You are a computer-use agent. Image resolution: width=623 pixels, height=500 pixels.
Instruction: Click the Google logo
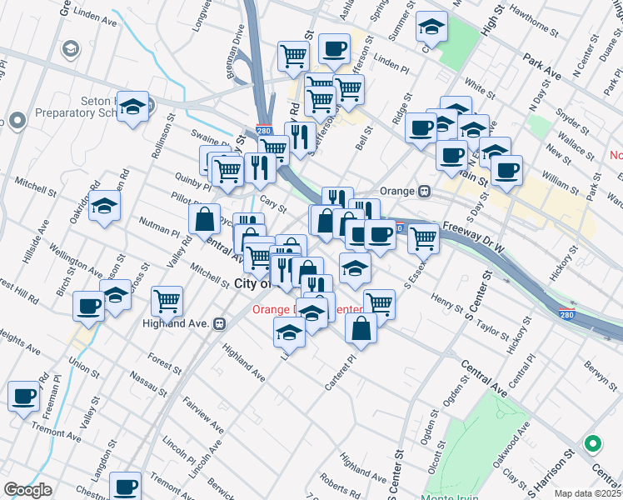click(28, 490)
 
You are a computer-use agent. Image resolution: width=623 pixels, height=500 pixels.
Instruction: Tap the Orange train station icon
click(424, 190)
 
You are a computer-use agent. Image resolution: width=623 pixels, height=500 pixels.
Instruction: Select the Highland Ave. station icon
click(219, 322)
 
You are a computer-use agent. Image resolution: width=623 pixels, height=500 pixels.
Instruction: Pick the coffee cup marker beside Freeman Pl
click(24, 397)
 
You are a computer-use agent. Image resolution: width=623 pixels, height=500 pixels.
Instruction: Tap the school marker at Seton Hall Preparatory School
click(132, 107)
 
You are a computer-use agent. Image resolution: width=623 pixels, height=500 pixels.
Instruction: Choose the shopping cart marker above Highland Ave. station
click(167, 301)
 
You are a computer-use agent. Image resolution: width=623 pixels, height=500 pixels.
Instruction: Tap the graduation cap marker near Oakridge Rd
click(104, 207)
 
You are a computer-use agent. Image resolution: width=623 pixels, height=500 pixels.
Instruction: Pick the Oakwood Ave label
click(511, 443)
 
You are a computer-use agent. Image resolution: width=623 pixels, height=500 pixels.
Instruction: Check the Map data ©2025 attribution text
click(588, 493)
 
